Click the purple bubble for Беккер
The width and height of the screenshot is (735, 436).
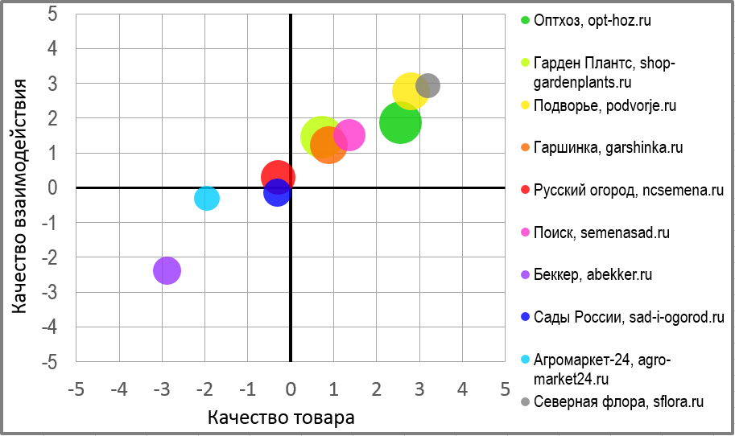pyautogui.click(x=167, y=270)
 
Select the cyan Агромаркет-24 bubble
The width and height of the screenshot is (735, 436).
pyautogui.click(x=207, y=198)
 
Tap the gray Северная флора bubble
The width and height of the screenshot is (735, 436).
pyautogui.click(x=427, y=84)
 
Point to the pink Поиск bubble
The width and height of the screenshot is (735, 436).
pyautogui.click(x=349, y=134)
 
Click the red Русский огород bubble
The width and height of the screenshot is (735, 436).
pyautogui.click(x=278, y=177)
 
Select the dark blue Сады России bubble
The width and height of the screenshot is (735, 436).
pyautogui.click(x=276, y=192)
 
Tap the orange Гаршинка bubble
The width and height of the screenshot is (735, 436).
pyautogui.click(x=328, y=146)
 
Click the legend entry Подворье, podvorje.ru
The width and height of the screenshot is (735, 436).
pyautogui.click(x=605, y=105)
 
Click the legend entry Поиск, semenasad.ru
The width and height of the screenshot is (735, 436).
pyautogui.click(x=601, y=232)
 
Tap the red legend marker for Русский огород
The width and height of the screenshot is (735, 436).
pyautogui.click(x=526, y=191)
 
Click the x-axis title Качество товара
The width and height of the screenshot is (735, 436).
pyautogui.click(x=281, y=418)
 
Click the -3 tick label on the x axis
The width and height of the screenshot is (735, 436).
pyautogui.click(x=163, y=389)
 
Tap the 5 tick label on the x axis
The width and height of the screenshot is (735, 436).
pyautogui.click(x=505, y=389)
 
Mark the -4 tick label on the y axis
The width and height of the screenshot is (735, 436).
pyautogui.click(x=48, y=327)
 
